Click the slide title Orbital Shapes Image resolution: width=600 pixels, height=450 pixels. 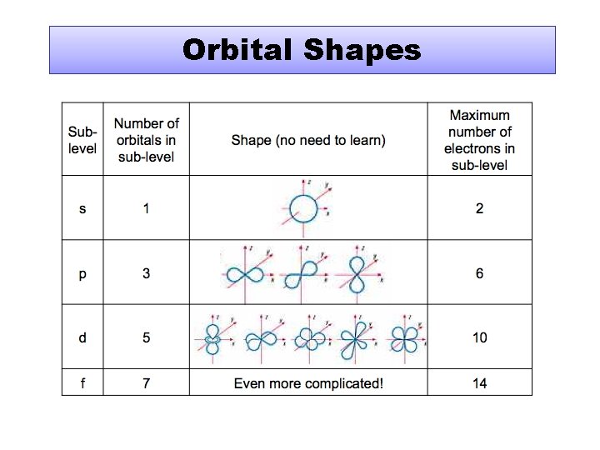pyautogui.click(x=302, y=50)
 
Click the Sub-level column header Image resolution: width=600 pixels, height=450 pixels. pyautogui.click(x=82, y=140)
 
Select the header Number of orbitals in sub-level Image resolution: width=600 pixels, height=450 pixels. pyautogui.click(x=147, y=140)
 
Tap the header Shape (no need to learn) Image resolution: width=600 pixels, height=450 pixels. pyautogui.click(x=308, y=140)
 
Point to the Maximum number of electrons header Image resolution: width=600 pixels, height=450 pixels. pyautogui.click(x=479, y=140)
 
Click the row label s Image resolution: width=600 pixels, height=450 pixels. pyautogui.click(x=82, y=208)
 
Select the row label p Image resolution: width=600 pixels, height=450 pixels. pyautogui.click(x=82, y=273)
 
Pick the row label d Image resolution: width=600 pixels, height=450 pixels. pyautogui.click(x=82, y=337)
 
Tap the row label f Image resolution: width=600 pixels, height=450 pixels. pyautogui.click(x=82, y=383)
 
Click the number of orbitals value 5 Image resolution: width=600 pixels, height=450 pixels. pyautogui.click(x=147, y=337)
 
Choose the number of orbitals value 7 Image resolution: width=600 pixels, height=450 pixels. pyautogui.click(x=147, y=383)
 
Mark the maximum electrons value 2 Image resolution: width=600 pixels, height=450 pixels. pyautogui.click(x=479, y=208)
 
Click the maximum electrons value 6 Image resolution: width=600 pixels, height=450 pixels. pyautogui.click(x=479, y=273)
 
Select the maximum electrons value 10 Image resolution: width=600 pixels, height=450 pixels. pyautogui.click(x=479, y=337)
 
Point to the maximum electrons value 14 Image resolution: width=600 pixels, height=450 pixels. pyautogui.click(x=479, y=383)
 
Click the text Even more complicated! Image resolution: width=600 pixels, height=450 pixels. pyautogui.click(x=308, y=383)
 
